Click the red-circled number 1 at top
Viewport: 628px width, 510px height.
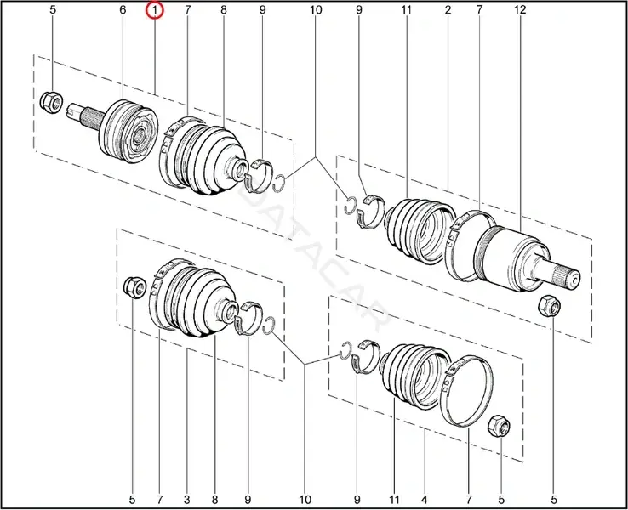[x=155, y=9]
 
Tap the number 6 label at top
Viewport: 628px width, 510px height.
[x=123, y=9]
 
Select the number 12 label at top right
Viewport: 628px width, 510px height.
[x=520, y=9]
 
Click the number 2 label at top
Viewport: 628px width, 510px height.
[x=448, y=9]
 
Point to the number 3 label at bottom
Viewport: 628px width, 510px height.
[x=187, y=500]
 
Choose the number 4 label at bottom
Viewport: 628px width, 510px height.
[x=425, y=500]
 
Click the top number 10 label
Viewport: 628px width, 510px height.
[x=316, y=9]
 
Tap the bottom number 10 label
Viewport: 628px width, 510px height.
[x=305, y=500]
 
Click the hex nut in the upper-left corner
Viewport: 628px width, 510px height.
[x=51, y=101]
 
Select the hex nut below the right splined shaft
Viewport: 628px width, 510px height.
[x=549, y=306]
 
